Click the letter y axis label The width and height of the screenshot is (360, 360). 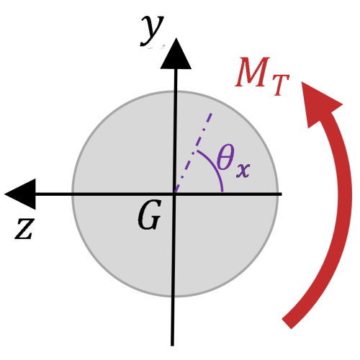tap(152, 30)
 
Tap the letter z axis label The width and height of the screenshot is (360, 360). tap(24, 228)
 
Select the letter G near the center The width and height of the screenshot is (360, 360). tap(149, 215)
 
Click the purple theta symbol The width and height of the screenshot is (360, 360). tap(225, 157)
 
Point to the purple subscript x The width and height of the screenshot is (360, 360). tap(243, 170)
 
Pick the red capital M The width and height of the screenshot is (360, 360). tap(253, 72)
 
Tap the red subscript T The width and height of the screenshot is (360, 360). tap(280, 85)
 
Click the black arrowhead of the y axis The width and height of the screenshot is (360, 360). tap(176, 54)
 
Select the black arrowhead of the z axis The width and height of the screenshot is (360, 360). tap(20, 194)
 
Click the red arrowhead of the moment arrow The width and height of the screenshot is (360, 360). tap(318, 103)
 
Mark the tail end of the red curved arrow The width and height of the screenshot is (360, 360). tap(287, 323)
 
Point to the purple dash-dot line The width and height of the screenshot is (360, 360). tap(194, 153)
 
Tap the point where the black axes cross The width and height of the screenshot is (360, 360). tap(174, 194)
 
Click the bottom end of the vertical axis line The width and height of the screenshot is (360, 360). tap(172, 345)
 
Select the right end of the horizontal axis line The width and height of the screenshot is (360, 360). tap(281, 194)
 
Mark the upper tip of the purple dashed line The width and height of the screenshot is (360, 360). tap(212, 113)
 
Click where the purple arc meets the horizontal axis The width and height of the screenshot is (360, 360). tap(222, 192)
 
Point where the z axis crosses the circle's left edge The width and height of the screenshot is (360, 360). tap(72, 194)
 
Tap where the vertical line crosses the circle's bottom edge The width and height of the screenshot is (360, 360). tap(174, 297)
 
